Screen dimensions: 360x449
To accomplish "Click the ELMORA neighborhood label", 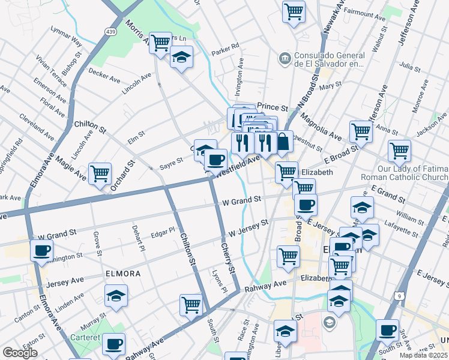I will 122,274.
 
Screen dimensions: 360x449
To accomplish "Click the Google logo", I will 19,353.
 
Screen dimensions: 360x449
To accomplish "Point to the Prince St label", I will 269,106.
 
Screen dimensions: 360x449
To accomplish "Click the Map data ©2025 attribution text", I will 423,355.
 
